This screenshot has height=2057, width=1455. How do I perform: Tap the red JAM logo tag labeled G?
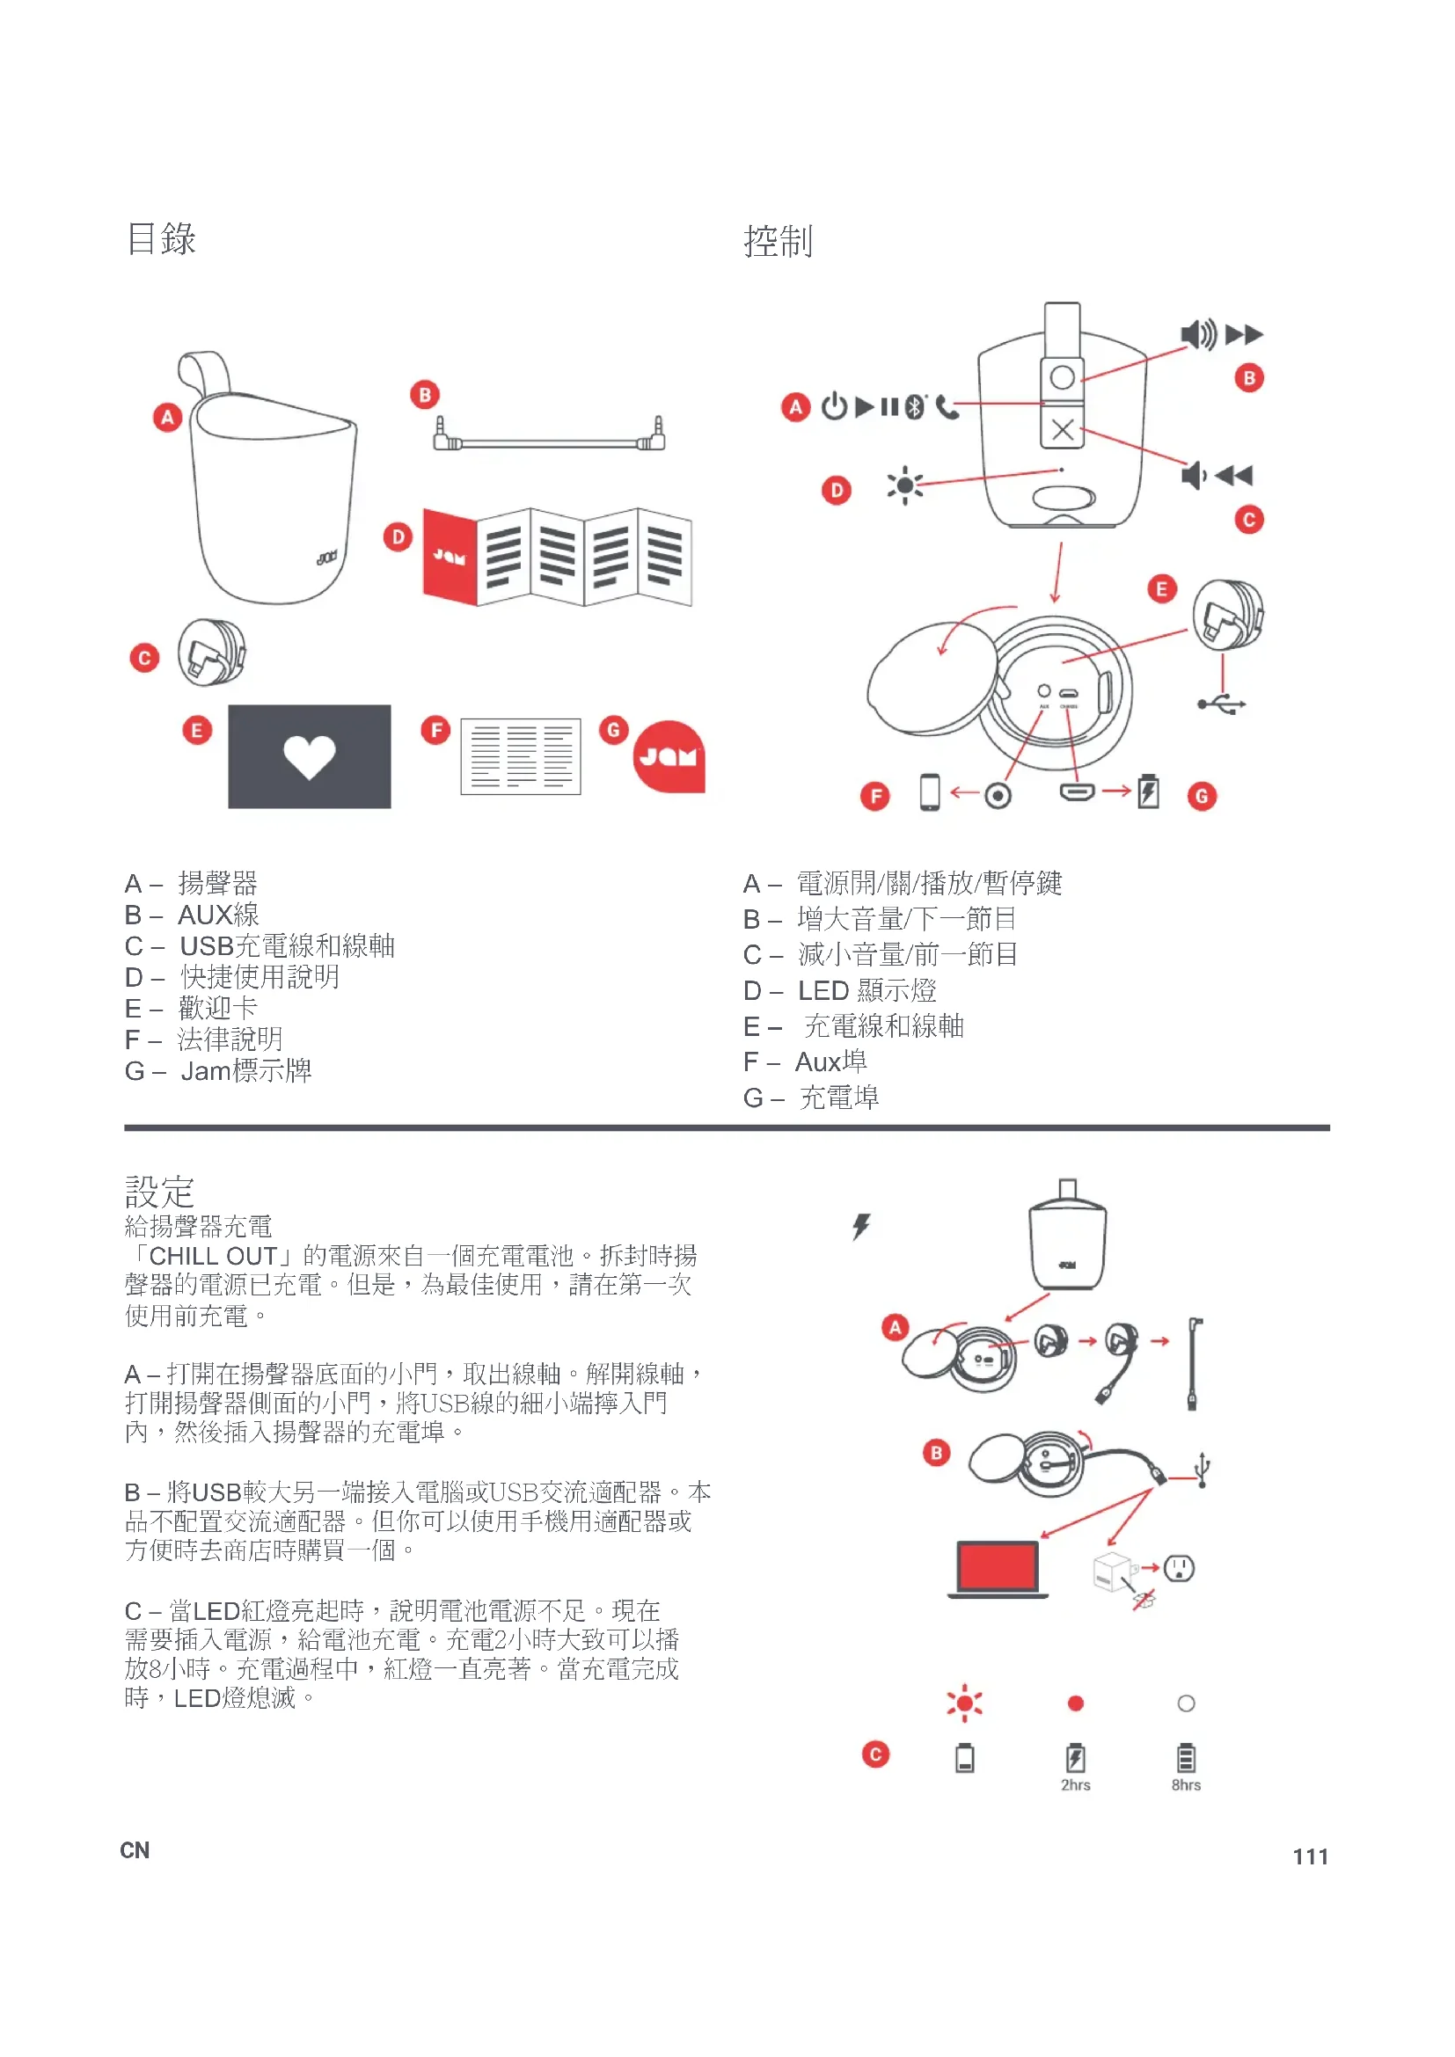pos(669,757)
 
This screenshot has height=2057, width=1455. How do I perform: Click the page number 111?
pos(1310,1856)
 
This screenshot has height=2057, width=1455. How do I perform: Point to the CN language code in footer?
pos(135,1850)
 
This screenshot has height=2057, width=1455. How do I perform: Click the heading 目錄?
pos(161,239)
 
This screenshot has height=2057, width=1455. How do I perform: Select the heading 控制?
pos(778,242)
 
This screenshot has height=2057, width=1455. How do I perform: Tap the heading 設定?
pos(159,1192)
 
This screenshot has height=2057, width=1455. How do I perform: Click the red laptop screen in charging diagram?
pos(998,1566)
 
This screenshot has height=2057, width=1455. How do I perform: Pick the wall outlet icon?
pos(1179,1568)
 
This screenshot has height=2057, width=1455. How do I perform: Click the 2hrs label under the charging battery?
pos(1075,1784)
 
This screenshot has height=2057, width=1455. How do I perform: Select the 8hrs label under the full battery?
pos(1185,1784)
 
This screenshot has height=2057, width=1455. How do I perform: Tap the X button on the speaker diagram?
pos(1063,429)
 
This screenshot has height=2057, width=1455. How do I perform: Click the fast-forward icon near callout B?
pos(1244,335)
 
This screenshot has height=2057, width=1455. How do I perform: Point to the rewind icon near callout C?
pos(1234,475)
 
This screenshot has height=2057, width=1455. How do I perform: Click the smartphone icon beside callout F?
pos(930,792)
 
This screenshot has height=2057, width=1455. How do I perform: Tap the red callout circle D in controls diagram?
pos(836,490)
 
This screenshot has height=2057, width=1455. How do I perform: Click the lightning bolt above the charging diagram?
pos(861,1226)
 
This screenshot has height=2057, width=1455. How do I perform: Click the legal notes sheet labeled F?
pos(521,756)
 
